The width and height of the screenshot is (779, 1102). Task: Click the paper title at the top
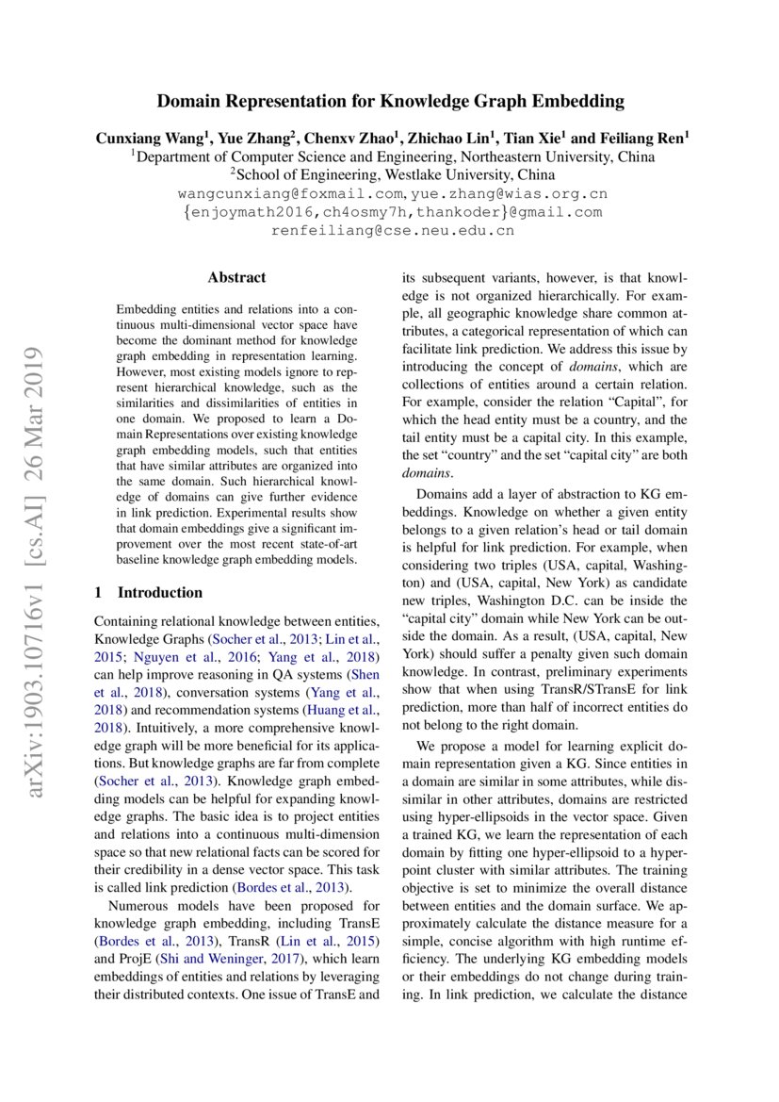click(x=390, y=101)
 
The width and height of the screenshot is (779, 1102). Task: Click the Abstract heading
click(x=236, y=277)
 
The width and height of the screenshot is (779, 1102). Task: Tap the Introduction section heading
click(x=159, y=592)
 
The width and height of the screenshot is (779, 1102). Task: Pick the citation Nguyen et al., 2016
click(x=176, y=655)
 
